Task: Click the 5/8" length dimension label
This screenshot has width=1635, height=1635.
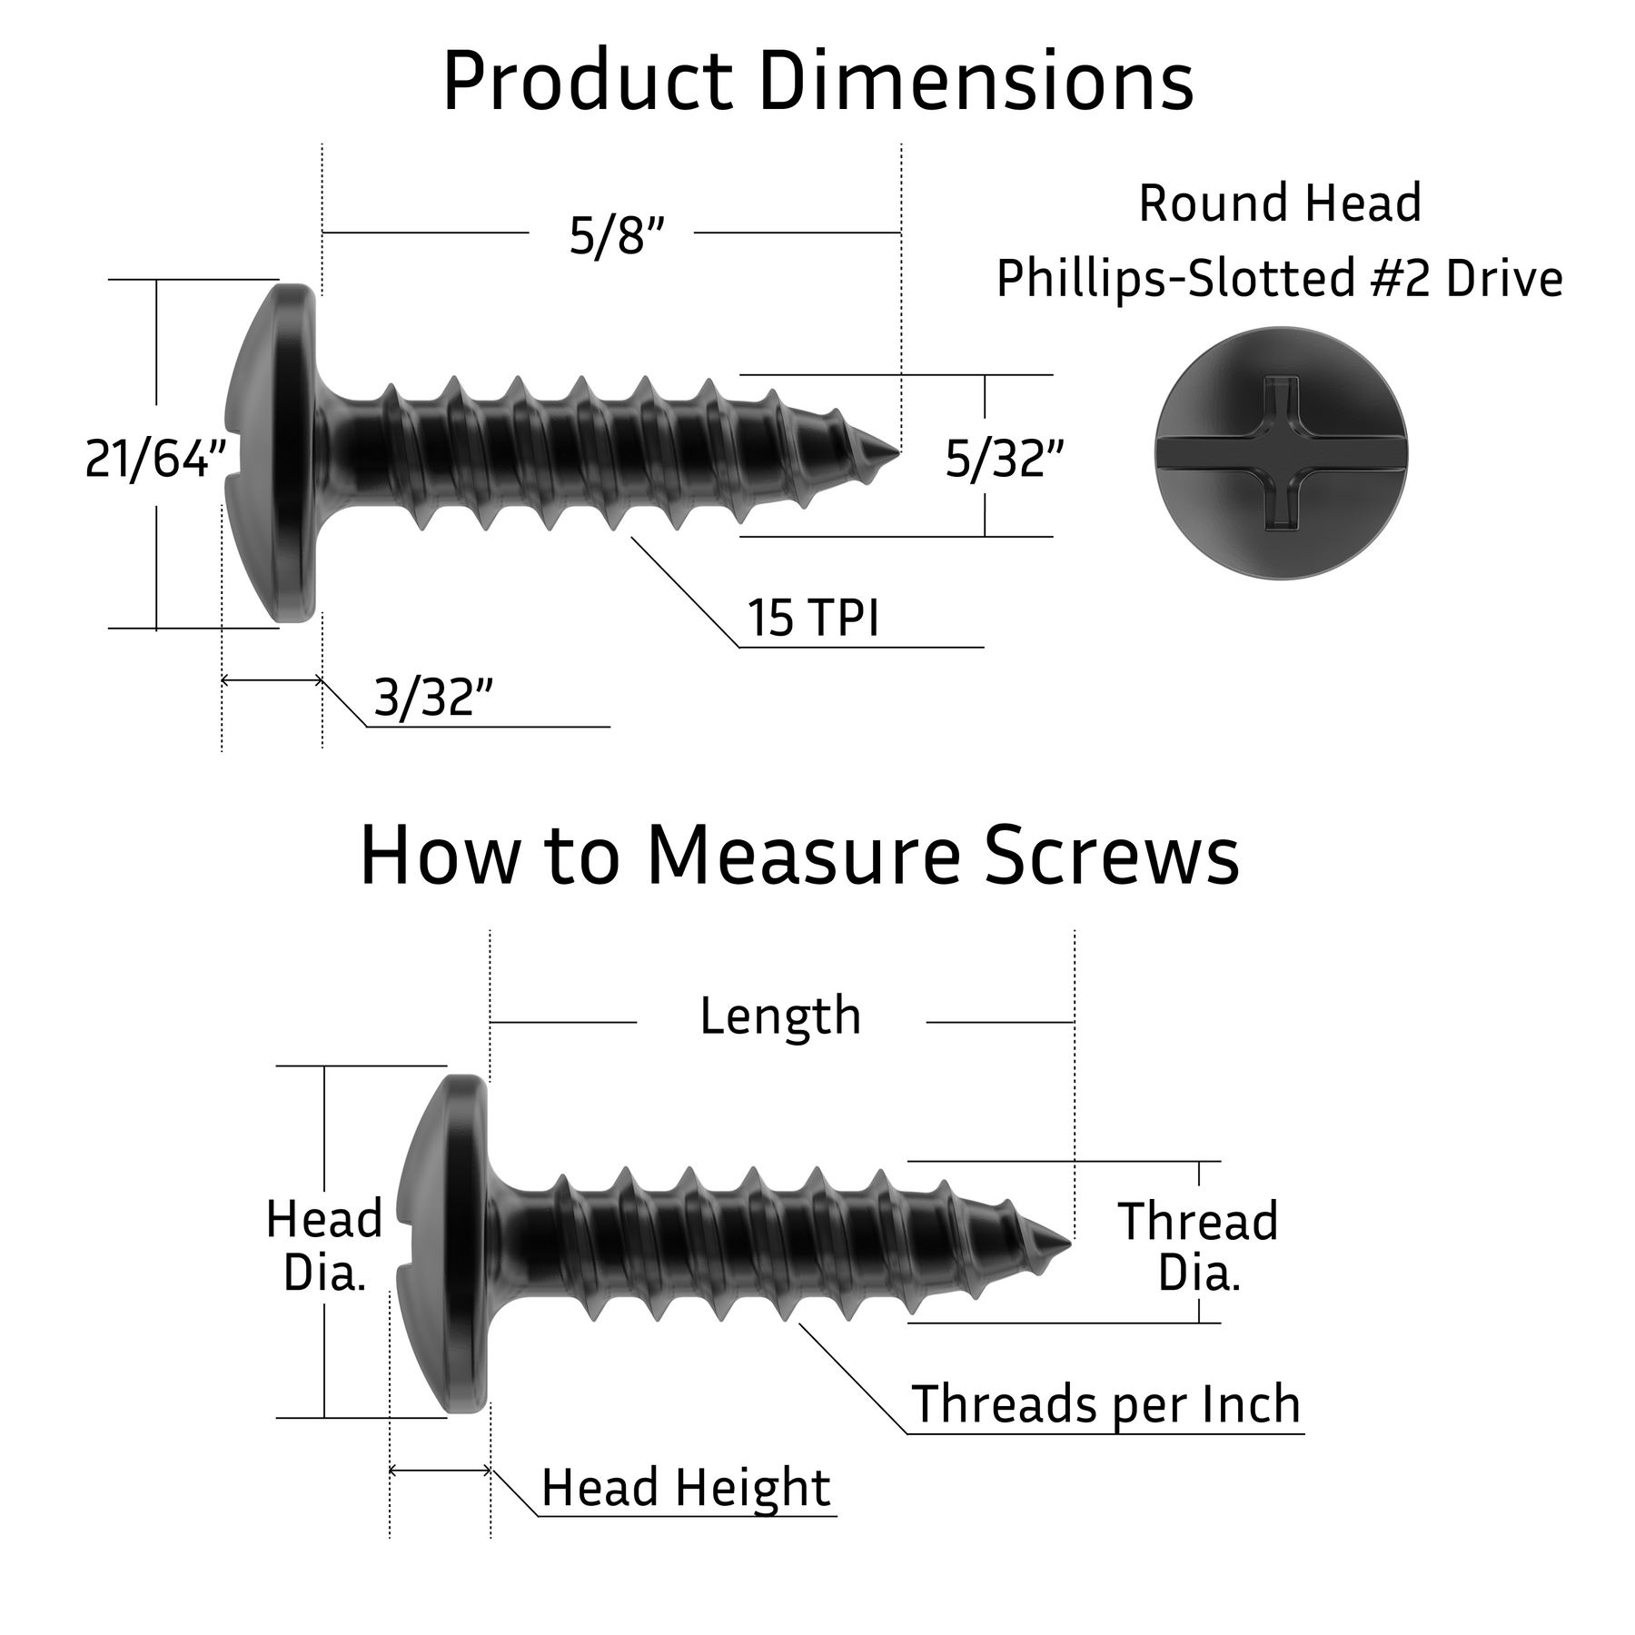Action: tap(617, 236)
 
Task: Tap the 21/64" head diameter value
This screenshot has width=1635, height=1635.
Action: tap(155, 459)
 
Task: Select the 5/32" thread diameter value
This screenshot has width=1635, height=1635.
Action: tap(1004, 459)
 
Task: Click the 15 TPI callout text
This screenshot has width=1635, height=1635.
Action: tap(813, 619)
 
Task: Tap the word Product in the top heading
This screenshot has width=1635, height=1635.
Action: tap(587, 84)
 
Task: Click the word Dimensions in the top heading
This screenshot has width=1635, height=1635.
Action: tap(976, 84)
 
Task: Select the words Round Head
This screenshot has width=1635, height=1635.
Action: tap(1279, 203)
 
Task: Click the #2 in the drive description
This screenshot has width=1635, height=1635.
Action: tap(1402, 278)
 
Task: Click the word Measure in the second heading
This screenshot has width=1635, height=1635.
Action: tap(803, 857)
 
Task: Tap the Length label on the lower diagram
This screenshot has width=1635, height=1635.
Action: tap(780, 1016)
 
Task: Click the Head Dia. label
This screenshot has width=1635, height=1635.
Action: tap(324, 1244)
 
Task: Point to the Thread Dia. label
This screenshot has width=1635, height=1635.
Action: tap(1198, 1246)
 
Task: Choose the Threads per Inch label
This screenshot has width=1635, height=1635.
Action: tap(1105, 1404)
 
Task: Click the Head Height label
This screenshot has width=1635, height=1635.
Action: tap(686, 1488)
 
